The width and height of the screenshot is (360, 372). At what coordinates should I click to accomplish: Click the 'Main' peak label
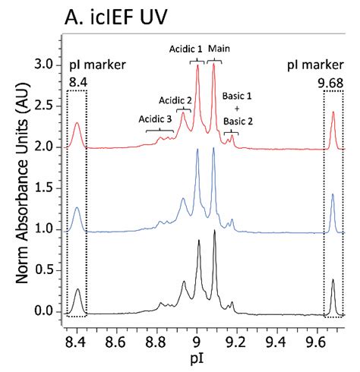click(x=219, y=49)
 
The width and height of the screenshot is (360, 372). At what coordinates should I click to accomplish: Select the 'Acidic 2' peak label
click(x=175, y=99)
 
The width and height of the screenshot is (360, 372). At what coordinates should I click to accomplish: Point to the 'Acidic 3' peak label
click(x=156, y=118)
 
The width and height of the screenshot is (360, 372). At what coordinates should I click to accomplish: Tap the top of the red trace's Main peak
click(x=214, y=65)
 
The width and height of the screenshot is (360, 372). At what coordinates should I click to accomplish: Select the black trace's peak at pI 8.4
click(x=77, y=289)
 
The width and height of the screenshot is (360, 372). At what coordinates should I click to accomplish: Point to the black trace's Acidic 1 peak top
click(x=199, y=241)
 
